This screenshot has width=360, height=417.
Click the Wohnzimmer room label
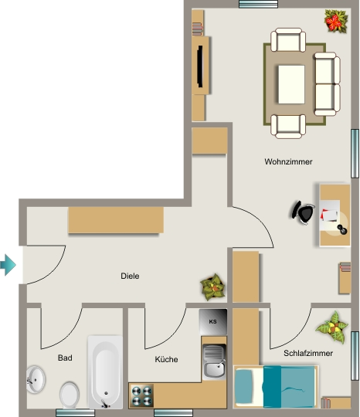point(288,161)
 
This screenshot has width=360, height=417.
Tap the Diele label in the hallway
point(130,276)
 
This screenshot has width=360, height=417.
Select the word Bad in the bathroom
point(65,358)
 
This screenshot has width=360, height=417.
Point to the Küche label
point(166,359)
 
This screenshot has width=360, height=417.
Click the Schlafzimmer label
point(308,353)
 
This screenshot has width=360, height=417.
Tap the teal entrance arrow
point(8,265)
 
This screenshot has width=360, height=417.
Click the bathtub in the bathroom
point(105,371)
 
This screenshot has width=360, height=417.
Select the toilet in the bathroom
point(70,395)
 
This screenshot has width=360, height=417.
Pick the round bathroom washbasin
point(36,379)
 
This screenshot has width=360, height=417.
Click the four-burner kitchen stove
point(141,395)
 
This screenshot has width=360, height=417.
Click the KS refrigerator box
point(213,322)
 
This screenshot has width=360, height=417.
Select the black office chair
point(304,212)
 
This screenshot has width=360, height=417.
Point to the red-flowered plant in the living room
point(336,21)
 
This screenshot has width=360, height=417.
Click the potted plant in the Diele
point(212,287)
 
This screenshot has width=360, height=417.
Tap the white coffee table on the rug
point(291,85)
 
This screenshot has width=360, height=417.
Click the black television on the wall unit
point(200,66)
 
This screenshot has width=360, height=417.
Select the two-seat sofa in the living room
point(327,84)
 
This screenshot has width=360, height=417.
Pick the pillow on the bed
point(243,386)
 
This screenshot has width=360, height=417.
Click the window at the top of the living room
point(258,4)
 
